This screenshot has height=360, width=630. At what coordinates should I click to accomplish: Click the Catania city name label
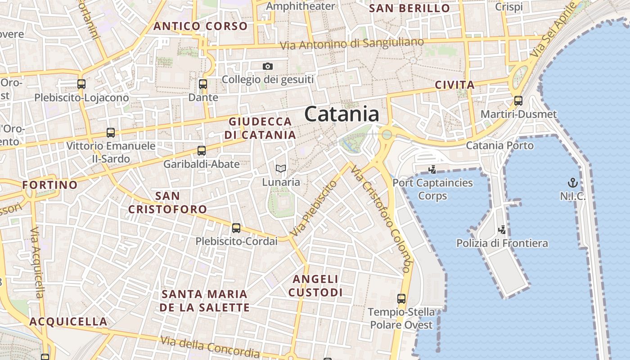342,114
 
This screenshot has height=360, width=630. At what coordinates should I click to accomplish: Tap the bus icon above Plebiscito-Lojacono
81,84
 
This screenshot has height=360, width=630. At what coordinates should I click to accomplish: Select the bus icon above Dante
203,84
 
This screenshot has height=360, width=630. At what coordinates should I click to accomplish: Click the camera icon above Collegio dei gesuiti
268,67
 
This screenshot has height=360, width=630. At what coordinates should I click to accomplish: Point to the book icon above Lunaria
281,169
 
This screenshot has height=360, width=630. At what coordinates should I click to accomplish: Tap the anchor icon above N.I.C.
572,183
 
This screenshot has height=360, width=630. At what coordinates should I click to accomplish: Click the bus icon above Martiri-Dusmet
518,101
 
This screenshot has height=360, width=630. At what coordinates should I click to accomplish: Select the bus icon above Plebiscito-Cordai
236,228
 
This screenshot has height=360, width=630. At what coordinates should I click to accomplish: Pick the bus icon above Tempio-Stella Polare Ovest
401,298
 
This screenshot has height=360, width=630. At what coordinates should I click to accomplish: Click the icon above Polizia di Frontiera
502,230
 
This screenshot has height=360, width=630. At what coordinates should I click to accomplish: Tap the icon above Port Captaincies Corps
432,170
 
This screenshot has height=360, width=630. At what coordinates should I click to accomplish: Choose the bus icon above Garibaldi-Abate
202,151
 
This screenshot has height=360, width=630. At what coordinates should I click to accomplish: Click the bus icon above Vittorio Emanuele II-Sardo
111,133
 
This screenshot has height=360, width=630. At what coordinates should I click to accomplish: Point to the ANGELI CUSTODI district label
315,286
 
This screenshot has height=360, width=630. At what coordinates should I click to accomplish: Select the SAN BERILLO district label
409,9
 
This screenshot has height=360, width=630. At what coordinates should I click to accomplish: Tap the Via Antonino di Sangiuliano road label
352,44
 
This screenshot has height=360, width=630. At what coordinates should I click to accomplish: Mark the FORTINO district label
50,185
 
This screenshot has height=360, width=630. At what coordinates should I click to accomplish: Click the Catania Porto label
499,145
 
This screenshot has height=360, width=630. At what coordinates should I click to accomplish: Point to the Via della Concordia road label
210,346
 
